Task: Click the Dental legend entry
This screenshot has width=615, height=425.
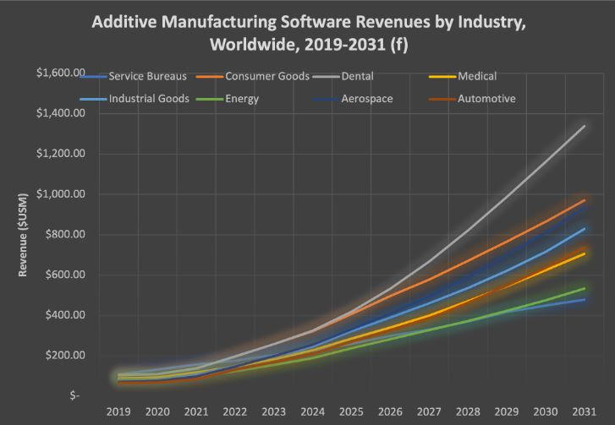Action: coord(338,77)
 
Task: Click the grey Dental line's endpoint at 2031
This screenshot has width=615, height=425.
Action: coord(585,127)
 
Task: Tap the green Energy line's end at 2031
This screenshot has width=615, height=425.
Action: coord(585,288)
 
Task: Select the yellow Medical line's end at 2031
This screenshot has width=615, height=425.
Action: coord(585,253)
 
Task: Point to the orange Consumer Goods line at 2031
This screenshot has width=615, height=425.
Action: coord(585,200)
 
